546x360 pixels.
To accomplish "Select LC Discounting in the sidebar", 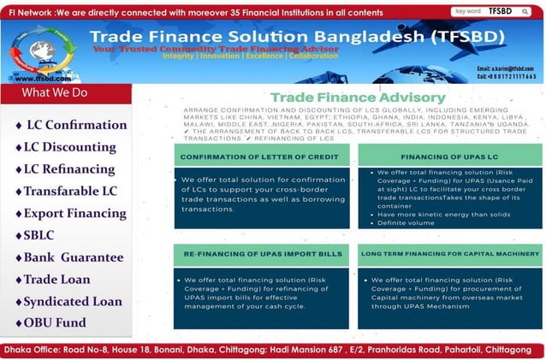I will [69, 147].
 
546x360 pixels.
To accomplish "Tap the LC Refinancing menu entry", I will [68, 169].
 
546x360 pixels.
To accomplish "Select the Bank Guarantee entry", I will [73, 257].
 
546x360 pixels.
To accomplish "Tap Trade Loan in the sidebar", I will [56, 280].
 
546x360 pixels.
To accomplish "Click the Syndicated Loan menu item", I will [73, 302].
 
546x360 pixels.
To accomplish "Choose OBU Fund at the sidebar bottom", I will [55, 323].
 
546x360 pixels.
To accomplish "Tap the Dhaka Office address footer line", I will [273, 351].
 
